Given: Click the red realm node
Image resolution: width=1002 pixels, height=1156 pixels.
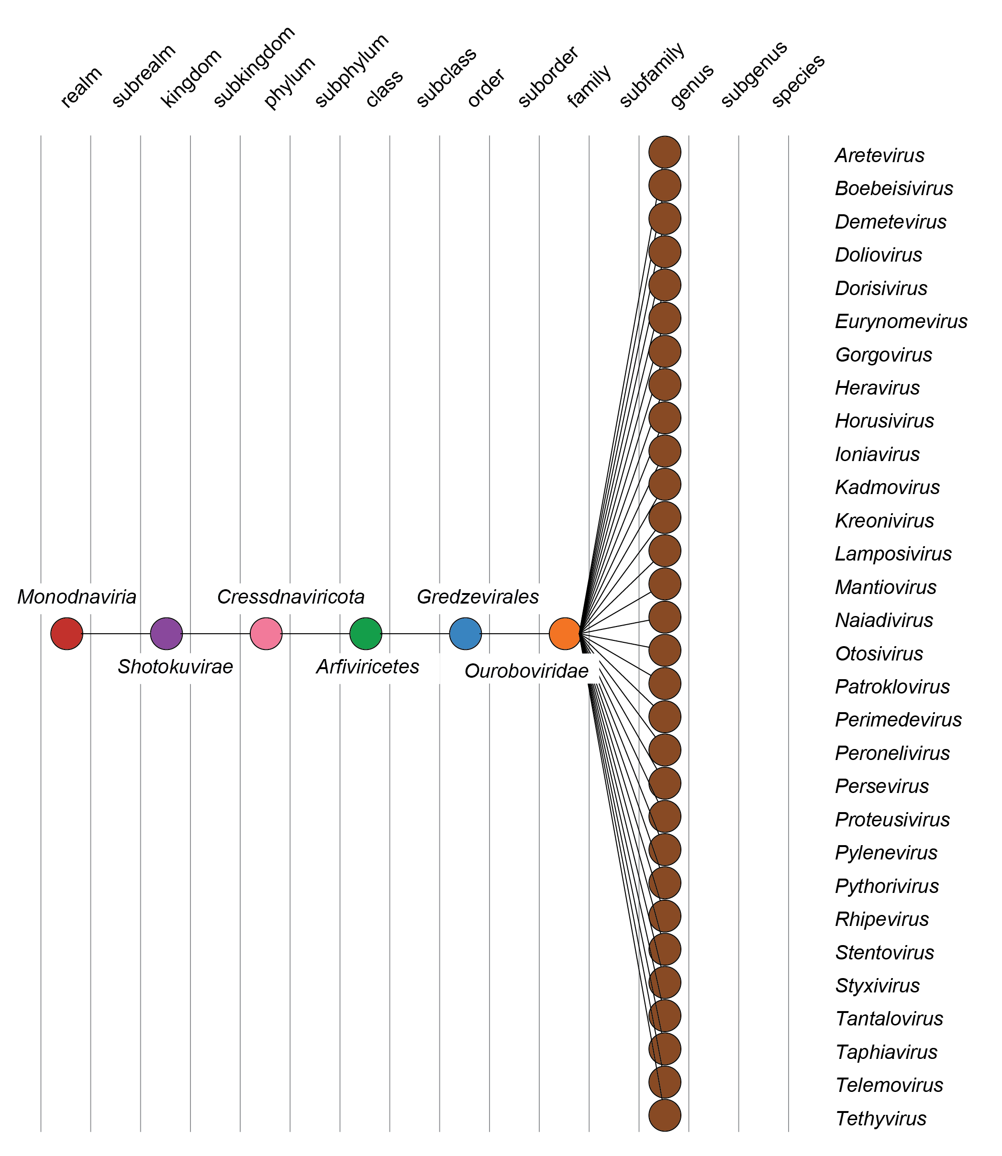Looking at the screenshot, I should pos(67,633).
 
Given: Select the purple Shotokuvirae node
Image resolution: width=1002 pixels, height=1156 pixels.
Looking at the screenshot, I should pos(167,633).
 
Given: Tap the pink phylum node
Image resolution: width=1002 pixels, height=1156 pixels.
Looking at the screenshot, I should pos(266,633).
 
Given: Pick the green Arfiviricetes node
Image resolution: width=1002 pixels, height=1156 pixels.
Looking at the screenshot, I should pos(366,633).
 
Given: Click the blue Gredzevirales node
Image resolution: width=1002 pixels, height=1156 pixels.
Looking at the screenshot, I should pos(465,633).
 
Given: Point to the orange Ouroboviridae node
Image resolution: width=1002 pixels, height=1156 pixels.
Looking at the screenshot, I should pos(565,633).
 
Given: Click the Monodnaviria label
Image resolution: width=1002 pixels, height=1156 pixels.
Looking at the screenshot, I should pos(77,597).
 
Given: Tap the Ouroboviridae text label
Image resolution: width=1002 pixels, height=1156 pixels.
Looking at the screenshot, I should pos(526,671).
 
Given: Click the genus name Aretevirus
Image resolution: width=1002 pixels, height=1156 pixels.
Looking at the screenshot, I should pos(879,155).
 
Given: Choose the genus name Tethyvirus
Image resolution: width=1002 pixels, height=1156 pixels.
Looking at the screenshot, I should pos(880,1119).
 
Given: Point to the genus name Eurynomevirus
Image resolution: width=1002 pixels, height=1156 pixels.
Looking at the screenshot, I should pos(901,321).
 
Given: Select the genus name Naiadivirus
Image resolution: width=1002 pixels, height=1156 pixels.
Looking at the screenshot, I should pos(883,620).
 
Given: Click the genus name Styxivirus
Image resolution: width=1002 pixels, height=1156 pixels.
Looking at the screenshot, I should pos(877,986).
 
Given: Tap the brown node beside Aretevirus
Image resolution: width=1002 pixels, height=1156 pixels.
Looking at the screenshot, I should pos(665,152).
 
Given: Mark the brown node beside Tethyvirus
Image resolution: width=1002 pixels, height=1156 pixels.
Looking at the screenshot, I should pos(665,1115).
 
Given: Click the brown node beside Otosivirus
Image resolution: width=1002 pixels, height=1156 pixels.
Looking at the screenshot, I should pos(665,650).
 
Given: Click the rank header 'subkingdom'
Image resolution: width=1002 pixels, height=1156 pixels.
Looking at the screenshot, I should pos(254,67).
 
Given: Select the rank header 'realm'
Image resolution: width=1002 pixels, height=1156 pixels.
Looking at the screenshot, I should pos(81,87).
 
